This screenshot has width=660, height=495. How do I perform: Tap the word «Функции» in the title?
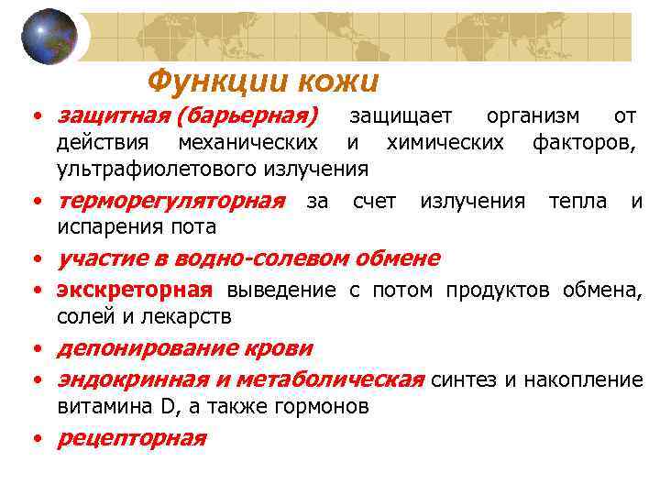(216, 82)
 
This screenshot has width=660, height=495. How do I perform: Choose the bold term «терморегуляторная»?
(170, 201)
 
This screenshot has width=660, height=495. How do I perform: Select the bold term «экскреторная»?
(134, 291)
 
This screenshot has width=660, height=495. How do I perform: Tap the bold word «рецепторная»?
(131, 437)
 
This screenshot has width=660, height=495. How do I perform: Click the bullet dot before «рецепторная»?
(36, 439)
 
